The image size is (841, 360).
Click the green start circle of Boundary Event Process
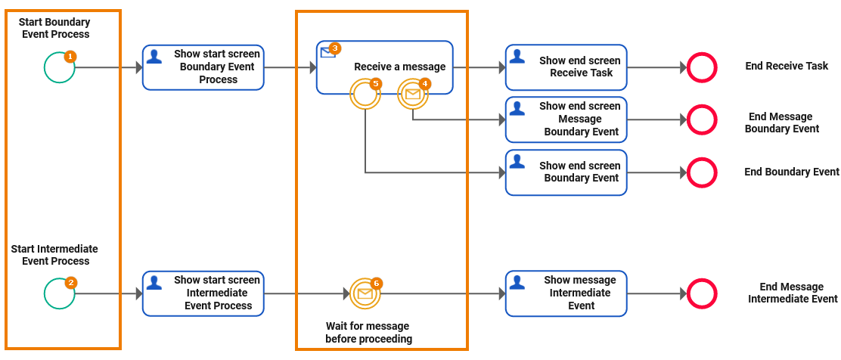tap(59, 67)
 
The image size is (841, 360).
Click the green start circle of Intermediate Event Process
tap(59, 293)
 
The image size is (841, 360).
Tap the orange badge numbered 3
tap(335, 48)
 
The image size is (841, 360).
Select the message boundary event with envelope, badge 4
tap(412, 95)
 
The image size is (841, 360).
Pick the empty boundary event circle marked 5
tap(365, 95)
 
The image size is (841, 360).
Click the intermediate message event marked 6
tap(365, 293)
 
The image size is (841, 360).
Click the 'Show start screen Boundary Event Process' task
tap(203, 67)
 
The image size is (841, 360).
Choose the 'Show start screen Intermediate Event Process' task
tap(203, 293)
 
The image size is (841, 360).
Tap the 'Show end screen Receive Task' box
tap(566, 67)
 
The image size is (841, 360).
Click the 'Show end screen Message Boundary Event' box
tap(566, 119)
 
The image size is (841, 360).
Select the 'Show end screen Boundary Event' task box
tap(566, 172)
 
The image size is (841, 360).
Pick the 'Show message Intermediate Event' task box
tap(566, 293)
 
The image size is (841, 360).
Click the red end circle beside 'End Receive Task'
tap(702, 67)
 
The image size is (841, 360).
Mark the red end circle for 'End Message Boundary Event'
tap(702, 119)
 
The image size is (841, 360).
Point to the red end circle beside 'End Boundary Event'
tap(702, 172)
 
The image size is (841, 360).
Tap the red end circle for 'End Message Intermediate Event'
tap(702, 293)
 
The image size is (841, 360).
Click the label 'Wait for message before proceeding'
tap(369, 332)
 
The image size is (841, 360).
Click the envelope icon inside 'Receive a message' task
tap(327, 52)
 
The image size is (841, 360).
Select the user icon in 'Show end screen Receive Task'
tap(517, 56)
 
